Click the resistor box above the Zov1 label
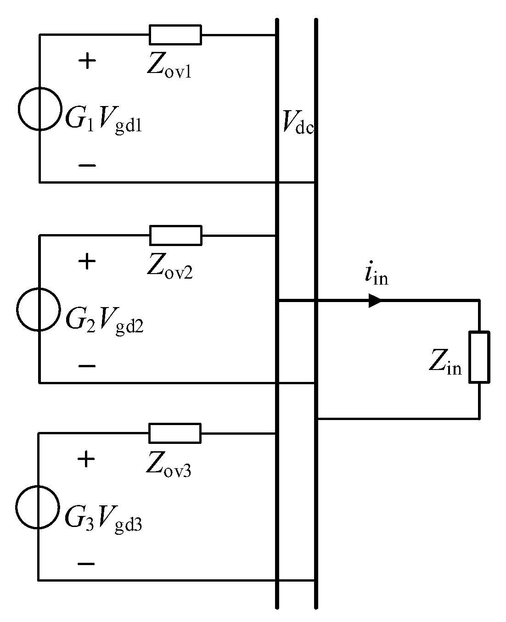pos(175,35)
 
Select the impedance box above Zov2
pos(175,235)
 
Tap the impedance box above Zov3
pos(174,433)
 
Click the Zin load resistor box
pos(479,357)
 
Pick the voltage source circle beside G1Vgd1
pos(39,109)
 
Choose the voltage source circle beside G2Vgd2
pos(39,309)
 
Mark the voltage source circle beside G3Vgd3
pos(38,507)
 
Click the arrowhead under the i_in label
pos(375,301)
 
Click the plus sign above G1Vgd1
pos(87,61)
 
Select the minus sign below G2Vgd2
pos(87,366)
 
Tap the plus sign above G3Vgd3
pos(86,459)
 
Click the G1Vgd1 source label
pos(103,120)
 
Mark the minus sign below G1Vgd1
pos(87,165)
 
